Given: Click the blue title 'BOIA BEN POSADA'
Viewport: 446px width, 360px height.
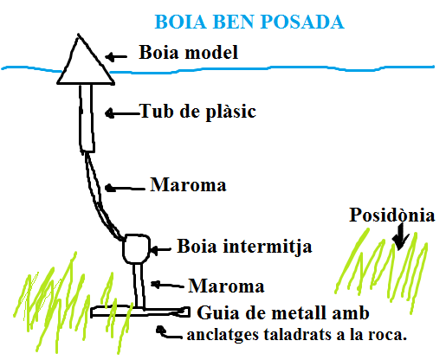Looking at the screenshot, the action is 249,22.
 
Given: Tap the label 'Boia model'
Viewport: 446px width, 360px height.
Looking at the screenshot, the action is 188,52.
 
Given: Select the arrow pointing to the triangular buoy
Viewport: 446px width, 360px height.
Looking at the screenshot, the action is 116,57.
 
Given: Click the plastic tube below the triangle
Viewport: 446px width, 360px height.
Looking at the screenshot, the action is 87,119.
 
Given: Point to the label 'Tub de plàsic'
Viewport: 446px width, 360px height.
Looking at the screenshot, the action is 197,112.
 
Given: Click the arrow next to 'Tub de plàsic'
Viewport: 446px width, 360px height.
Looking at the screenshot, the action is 122,113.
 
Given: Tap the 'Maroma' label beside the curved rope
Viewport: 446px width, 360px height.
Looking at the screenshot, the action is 188,184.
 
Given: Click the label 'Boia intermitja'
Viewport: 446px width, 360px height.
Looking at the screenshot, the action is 244,247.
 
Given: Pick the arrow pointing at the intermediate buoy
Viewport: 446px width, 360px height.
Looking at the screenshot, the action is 161,249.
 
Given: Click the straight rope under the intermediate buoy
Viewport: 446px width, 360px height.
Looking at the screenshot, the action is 139,286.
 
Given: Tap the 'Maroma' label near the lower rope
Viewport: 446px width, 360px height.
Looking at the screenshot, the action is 226,286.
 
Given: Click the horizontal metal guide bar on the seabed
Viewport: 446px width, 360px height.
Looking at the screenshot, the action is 140,312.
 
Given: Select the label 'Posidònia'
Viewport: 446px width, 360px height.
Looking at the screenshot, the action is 391,215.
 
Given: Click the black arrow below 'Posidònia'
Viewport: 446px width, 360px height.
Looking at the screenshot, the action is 400,236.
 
